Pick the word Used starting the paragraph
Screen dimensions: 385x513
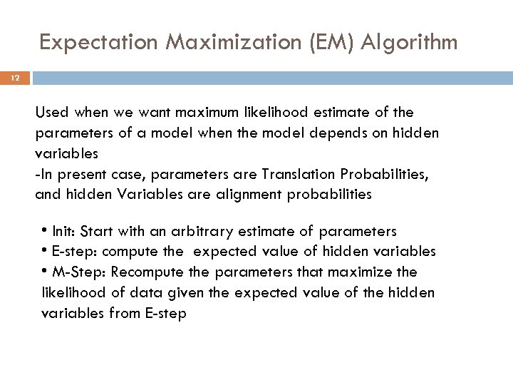point(50,112)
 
